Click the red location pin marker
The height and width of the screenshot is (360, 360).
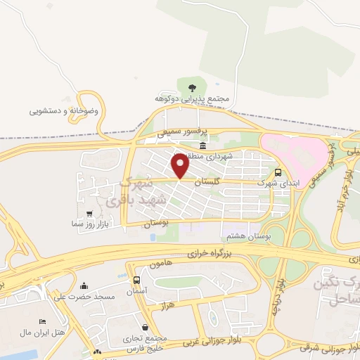point(181,165)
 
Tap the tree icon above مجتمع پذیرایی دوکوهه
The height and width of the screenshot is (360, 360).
point(191,87)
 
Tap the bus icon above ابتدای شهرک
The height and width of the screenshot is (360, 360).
point(278,172)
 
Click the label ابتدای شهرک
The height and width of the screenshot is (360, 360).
point(274,183)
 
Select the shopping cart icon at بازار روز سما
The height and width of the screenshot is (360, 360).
point(89,213)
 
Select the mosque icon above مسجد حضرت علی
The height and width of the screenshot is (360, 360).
point(85,285)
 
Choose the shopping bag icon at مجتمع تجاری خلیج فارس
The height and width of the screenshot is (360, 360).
point(145,326)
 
